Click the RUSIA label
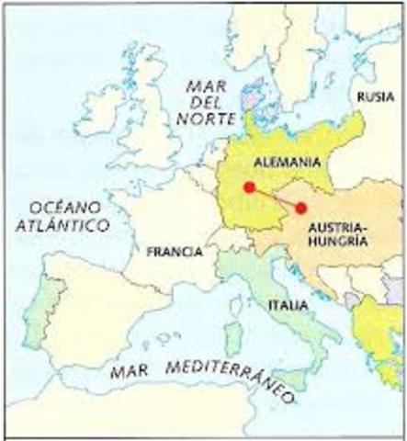[377, 96]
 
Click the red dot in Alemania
[249, 187]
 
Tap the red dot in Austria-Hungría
[300, 208]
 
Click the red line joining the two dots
[275, 198]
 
